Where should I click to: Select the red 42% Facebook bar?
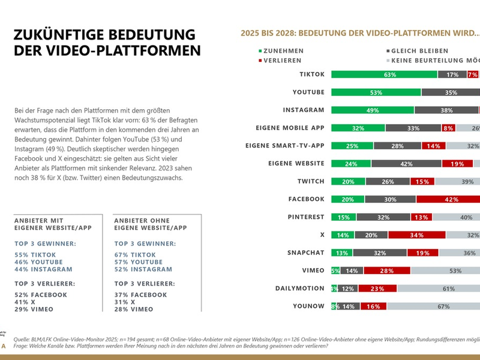click(x=448, y=199)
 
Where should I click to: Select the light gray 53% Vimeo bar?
click(x=445, y=271)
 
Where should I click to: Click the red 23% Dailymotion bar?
click(x=377, y=288)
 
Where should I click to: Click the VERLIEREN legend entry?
click(x=280, y=61)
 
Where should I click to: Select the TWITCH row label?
click(x=311, y=181)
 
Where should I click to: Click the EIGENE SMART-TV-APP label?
click(x=285, y=146)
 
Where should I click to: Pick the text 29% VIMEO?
click(x=34, y=308)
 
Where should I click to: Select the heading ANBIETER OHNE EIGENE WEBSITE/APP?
click(x=150, y=224)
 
